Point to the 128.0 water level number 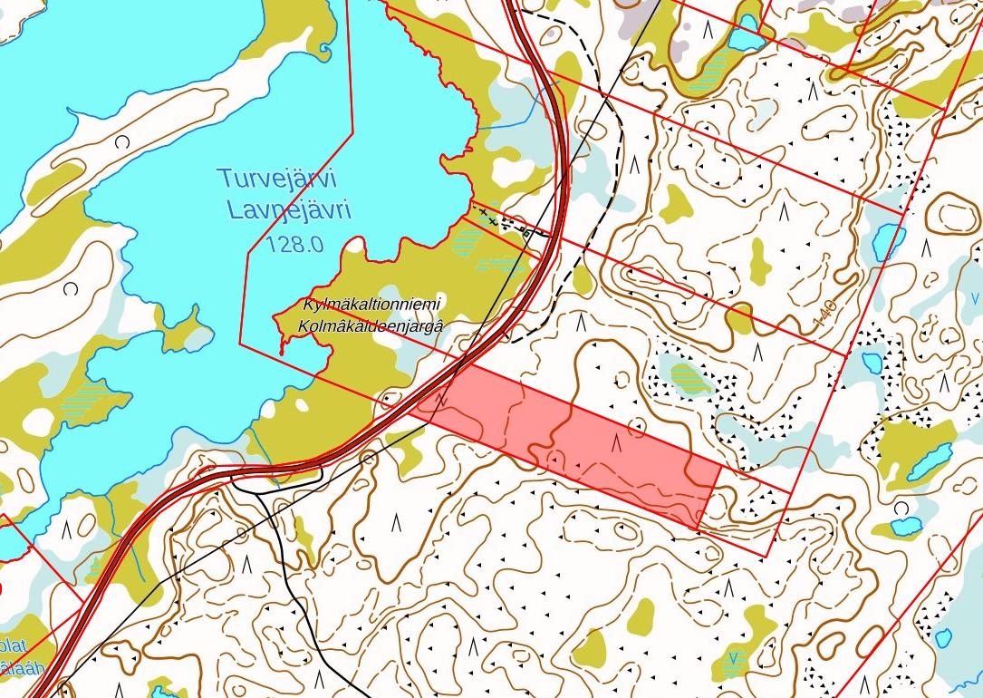click(x=295, y=243)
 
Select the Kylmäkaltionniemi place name click(x=371, y=306)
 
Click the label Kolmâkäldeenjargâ click(x=371, y=325)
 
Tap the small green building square click(x=527, y=233)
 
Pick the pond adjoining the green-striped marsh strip click(x=746, y=33)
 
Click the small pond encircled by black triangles click(x=872, y=363)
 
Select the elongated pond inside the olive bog click(x=930, y=461)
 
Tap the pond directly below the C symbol click(x=905, y=527)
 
